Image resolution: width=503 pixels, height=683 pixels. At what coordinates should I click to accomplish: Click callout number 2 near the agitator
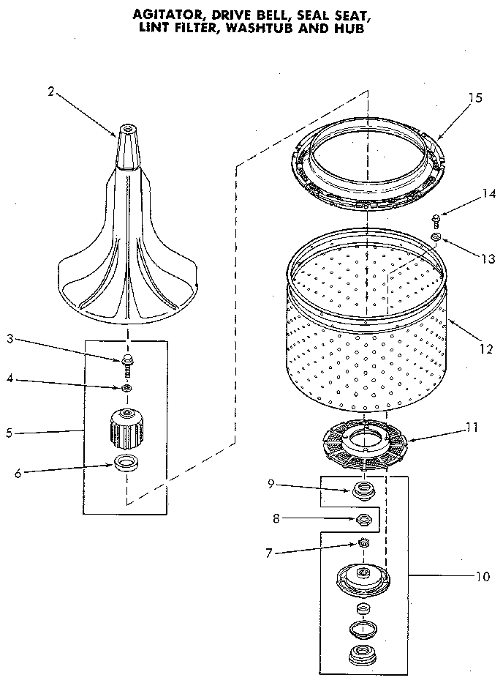(x=50, y=91)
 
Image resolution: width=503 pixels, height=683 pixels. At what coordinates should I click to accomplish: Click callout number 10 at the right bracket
(x=482, y=576)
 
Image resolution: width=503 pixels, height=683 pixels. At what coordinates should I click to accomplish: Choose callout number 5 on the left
(x=9, y=433)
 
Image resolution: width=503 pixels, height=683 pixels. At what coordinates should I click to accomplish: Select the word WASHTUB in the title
(x=280, y=30)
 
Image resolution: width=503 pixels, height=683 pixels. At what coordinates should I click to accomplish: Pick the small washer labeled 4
(x=127, y=387)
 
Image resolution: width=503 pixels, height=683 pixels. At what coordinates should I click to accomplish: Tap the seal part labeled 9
(x=362, y=490)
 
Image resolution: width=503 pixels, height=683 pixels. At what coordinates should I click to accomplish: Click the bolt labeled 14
(x=436, y=219)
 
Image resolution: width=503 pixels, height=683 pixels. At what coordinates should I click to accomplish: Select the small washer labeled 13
(x=436, y=238)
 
